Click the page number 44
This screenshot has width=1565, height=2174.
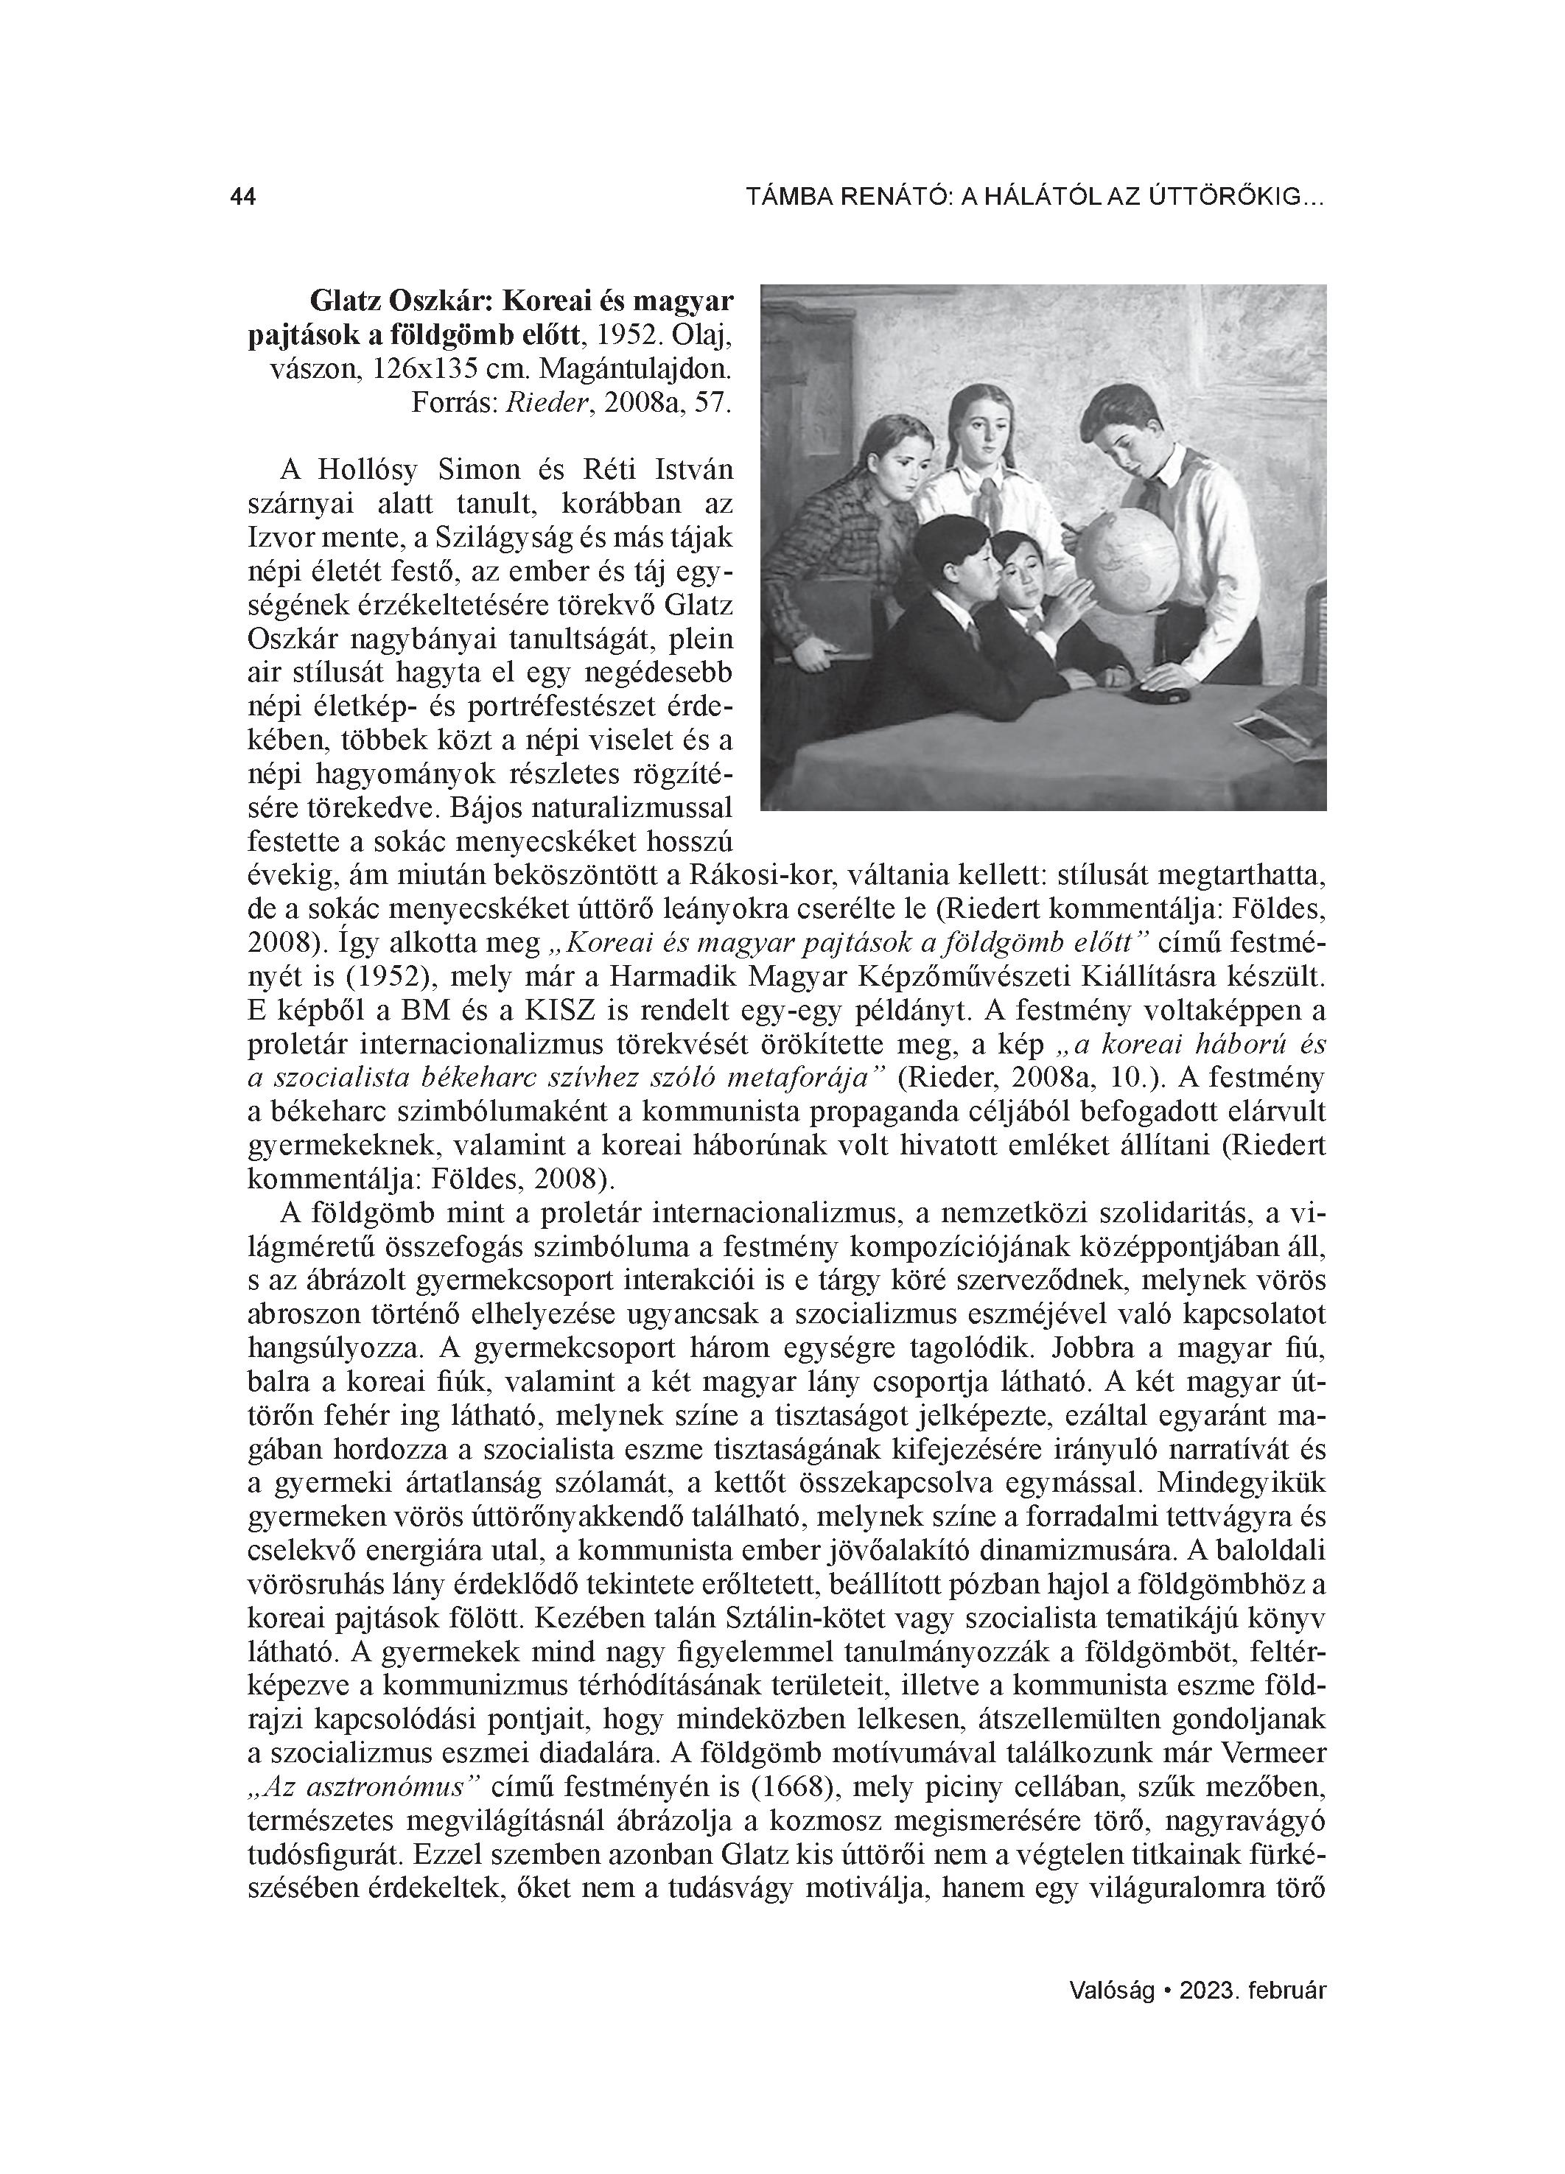coord(242,197)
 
